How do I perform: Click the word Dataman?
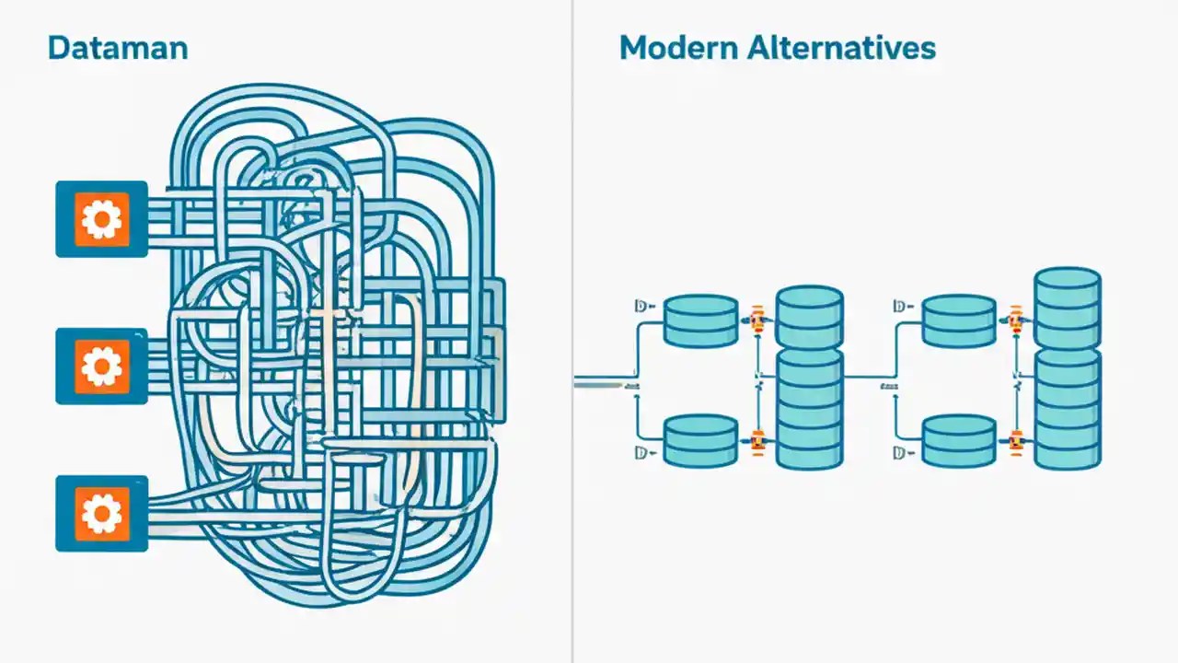[x=117, y=48]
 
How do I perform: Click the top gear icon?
[x=101, y=218]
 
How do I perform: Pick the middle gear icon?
[x=101, y=366]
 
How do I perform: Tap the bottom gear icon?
[x=101, y=513]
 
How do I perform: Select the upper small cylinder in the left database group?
[x=700, y=320]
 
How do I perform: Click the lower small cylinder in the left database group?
[x=700, y=440]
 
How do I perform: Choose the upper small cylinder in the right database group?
[x=959, y=320]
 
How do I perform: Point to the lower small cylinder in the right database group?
[x=959, y=440]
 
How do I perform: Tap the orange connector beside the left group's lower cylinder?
[x=757, y=441]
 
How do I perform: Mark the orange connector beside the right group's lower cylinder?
[x=1016, y=441]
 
